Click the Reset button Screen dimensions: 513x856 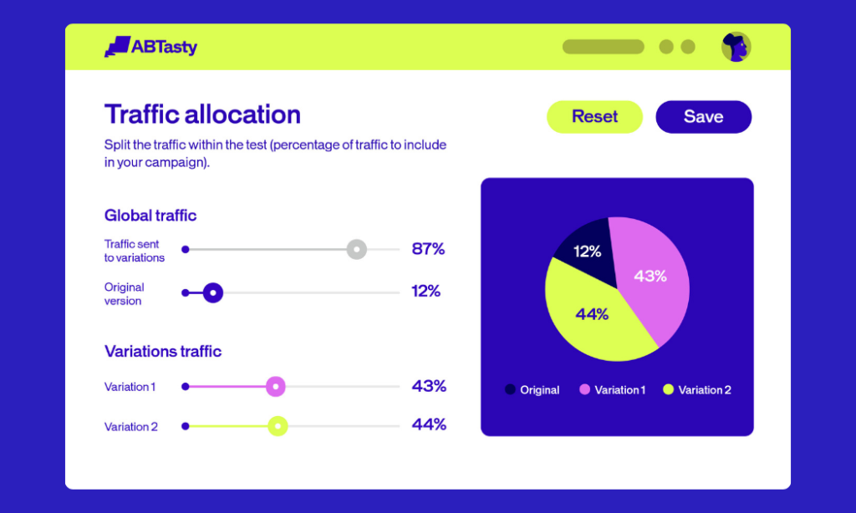(x=594, y=117)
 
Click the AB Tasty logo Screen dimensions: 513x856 (x=151, y=47)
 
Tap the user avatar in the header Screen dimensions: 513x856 (x=736, y=47)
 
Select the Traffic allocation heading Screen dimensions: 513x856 (x=202, y=114)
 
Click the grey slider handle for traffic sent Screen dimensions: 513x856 (x=357, y=249)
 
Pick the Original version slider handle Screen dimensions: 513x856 (x=213, y=292)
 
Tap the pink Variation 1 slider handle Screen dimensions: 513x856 (x=276, y=387)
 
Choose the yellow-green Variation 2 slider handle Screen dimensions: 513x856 (x=278, y=426)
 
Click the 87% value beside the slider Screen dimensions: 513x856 (x=428, y=249)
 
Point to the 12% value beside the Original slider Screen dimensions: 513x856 (x=426, y=292)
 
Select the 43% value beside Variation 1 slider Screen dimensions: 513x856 (x=429, y=387)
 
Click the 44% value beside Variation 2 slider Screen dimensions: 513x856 (x=429, y=424)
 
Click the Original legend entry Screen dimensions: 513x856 (x=532, y=390)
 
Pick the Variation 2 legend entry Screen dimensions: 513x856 (x=697, y=390)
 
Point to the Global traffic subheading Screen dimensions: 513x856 (x=150, y=216)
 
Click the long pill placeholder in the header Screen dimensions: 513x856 (x=603, y=47)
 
